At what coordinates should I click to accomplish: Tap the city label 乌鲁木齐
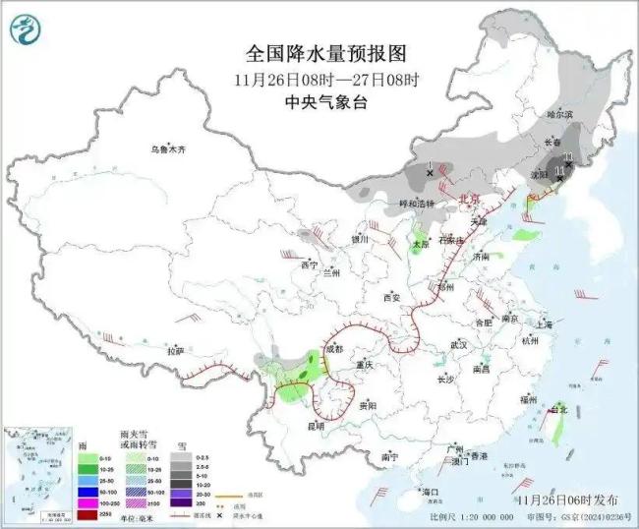click(168, 148)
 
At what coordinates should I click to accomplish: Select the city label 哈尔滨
click(558, 115)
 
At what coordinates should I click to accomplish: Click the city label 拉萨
click(175, 351)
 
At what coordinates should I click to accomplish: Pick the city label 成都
click(334, 349)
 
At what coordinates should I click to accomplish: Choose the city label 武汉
click(457, 345)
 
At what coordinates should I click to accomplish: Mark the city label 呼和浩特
click(401, 204)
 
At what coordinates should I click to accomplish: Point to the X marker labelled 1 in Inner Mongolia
click(430, 173)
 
